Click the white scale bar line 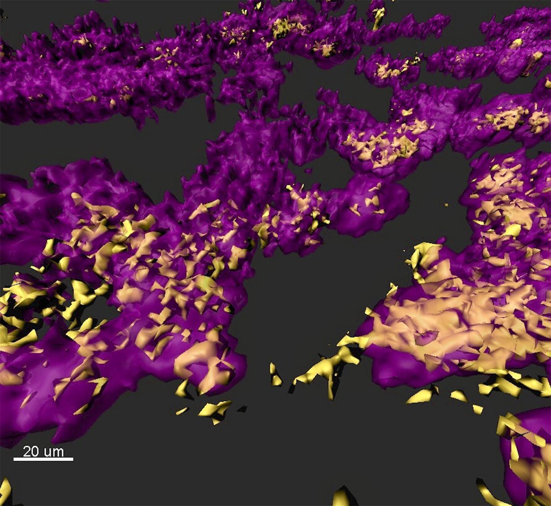(x=43, y=459)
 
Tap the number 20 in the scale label (x=31, y=451)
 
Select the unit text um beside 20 (x=54, y=452)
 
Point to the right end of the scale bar (x=72, y=459)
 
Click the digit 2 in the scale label (x=27, y=451)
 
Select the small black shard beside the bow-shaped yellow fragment (x=242, y=409)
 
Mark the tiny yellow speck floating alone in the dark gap (x=446, y=205)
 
